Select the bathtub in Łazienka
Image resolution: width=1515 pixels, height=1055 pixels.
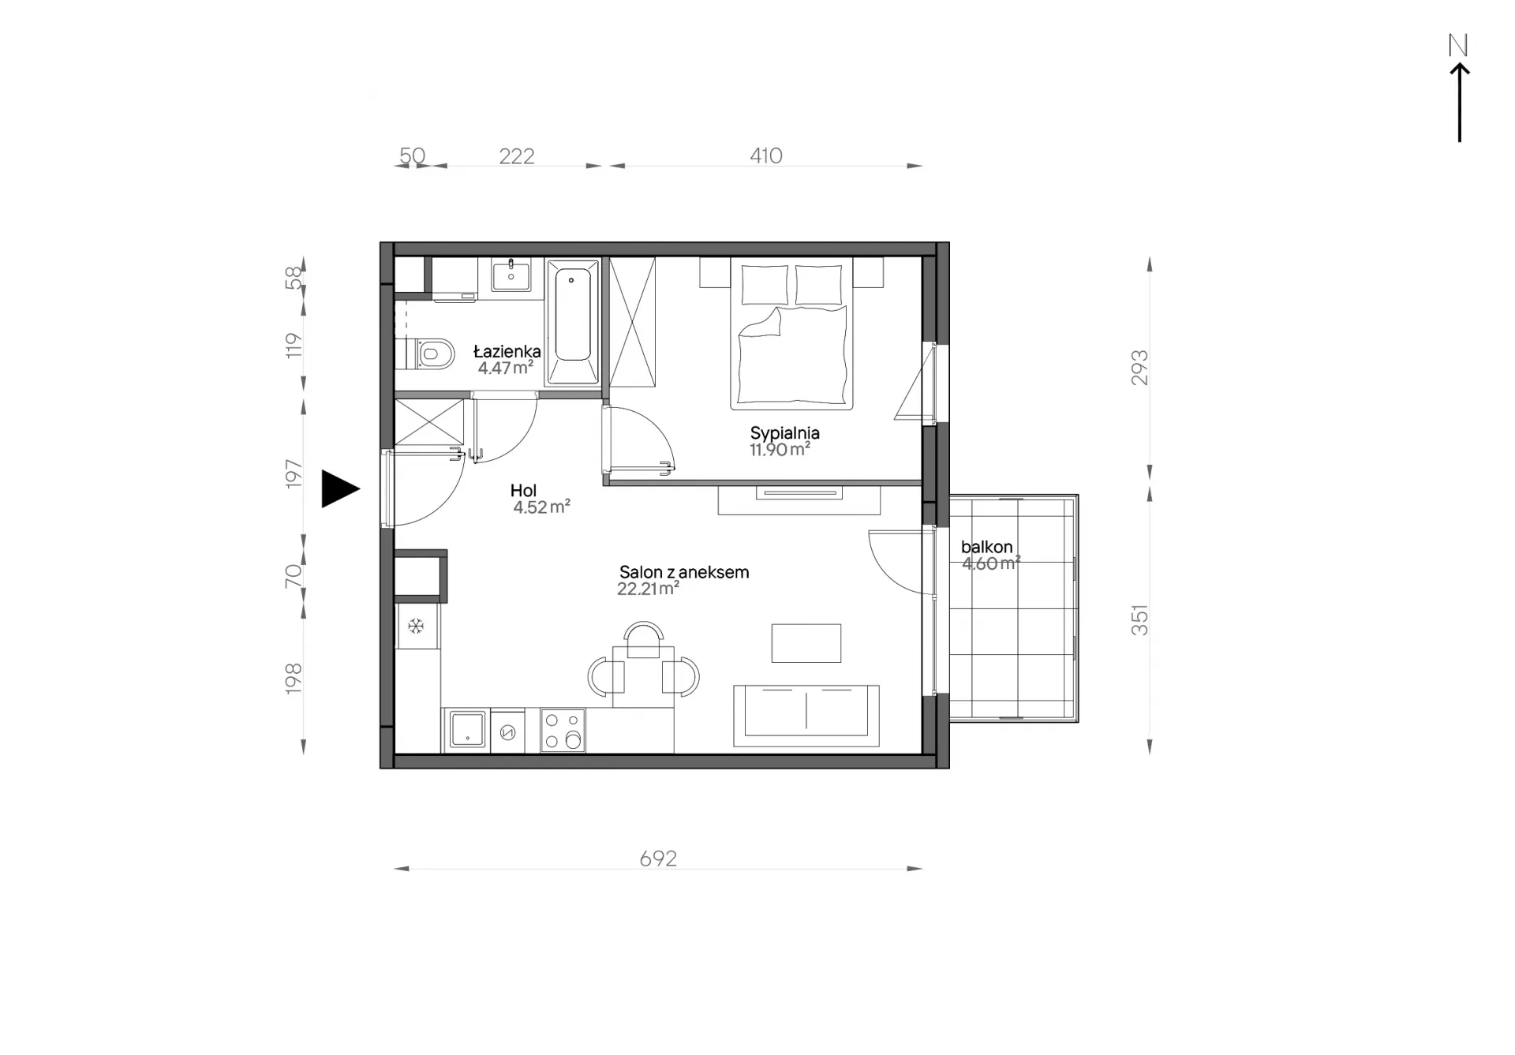point(573,323)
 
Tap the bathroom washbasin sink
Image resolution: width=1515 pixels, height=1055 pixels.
point(511,275)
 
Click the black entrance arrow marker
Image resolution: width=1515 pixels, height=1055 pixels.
point(340,488)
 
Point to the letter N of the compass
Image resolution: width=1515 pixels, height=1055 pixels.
point(1458,46)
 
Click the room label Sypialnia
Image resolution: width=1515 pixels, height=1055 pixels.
point(784,432)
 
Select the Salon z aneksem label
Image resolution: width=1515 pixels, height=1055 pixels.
point(684,572)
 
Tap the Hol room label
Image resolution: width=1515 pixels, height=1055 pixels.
point(523,491)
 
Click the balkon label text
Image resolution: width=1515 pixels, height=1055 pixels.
point(986,547)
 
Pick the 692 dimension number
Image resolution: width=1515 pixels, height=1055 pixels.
point(658,858)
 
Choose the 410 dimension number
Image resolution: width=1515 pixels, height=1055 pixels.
point(765,155)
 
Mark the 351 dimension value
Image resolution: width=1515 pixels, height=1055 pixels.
point(1139,620)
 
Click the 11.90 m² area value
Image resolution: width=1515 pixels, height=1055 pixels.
point(780,450)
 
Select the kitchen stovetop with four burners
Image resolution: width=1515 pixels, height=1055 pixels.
point(563,730)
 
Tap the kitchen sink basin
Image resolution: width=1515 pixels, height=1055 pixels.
point(467,729)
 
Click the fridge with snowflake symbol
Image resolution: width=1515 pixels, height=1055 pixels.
point(417,627)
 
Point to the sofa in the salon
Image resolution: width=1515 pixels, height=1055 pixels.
point(806,716)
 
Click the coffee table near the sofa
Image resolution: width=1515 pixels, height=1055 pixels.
point(806,643)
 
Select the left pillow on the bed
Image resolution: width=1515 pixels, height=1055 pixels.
point(764,285)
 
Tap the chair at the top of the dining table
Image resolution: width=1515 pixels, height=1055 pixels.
point(643,640)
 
